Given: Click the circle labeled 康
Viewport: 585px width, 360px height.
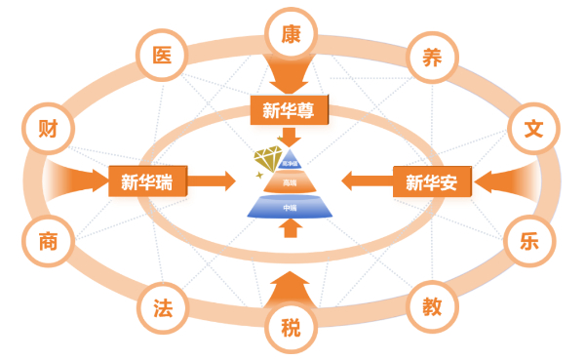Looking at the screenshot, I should (291, 33).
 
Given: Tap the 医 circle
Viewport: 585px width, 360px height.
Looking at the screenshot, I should (162, 54).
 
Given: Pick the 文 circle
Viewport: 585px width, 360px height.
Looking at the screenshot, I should (532, 128).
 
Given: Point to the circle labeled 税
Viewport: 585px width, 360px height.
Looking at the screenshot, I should (291, 327).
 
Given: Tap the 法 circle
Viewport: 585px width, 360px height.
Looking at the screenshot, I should (163, 305).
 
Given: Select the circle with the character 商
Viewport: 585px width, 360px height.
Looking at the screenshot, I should (47, 240).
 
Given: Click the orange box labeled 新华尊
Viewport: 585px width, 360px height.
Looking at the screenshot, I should (291, 110).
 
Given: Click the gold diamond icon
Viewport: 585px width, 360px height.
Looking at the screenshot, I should (271, 158).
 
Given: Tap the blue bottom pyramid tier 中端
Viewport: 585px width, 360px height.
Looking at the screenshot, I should (290, 206).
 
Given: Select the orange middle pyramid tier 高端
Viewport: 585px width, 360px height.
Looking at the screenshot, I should (290, 181).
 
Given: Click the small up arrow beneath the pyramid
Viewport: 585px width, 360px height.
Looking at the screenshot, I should (290, 229).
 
